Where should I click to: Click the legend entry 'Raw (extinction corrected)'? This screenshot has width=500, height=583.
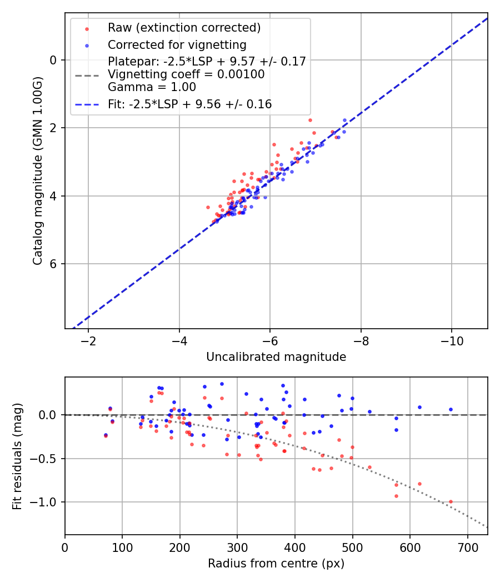pos(184,28)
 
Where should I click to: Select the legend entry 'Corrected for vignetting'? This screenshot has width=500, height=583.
pos(177,44)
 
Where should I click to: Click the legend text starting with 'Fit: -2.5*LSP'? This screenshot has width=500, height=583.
pos(189,104)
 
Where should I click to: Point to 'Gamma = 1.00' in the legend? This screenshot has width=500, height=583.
pos(152,87)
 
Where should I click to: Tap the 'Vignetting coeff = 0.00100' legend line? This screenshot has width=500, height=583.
pos(186,74)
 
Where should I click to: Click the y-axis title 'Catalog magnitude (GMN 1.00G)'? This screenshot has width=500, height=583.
pos(37,170)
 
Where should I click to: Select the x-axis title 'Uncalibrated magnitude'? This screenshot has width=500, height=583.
pos(276,357)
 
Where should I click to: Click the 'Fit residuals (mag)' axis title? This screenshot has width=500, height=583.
pos(17,456)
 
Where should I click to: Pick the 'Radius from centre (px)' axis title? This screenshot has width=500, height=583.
pos(276,564)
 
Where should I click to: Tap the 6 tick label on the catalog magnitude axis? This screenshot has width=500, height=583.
pos(54,264)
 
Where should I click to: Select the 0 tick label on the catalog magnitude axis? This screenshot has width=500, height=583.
pos(54,60)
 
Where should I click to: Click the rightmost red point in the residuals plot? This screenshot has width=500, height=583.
pos(451,501)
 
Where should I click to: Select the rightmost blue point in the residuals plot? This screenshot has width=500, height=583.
pos(451,409)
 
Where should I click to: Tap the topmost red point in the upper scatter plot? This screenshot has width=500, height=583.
pos(310,120)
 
